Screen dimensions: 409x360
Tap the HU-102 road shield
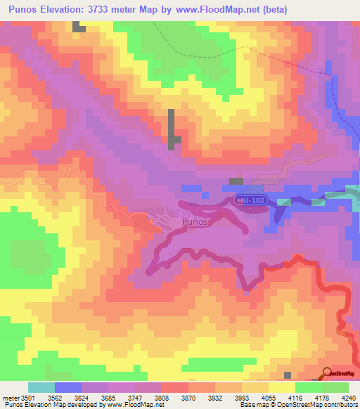252,200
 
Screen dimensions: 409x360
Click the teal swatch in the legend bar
41,387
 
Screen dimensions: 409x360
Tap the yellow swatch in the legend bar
281,387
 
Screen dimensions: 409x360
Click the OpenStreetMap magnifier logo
328,373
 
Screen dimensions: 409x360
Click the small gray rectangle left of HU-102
236,181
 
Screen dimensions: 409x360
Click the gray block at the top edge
78,27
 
